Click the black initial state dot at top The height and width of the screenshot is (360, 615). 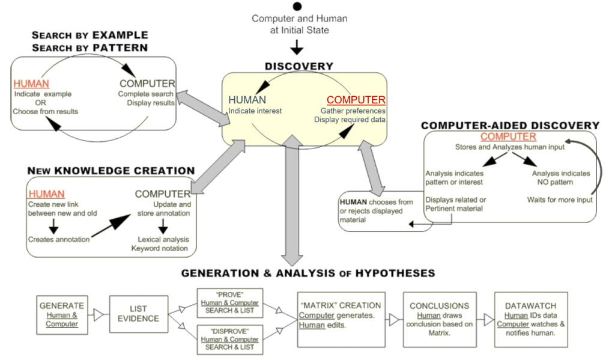pos(297,7)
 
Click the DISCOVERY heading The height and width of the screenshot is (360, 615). pos(298,66)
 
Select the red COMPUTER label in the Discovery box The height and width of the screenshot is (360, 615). pos(356,100)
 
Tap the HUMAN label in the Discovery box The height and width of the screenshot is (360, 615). pos(247,100)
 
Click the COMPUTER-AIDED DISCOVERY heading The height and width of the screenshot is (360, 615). pos(510,126)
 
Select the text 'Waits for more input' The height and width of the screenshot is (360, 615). pos(560,200)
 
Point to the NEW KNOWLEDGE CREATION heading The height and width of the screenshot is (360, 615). pos(111,171)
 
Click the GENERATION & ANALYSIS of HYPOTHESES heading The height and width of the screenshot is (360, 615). pos(307,273)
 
